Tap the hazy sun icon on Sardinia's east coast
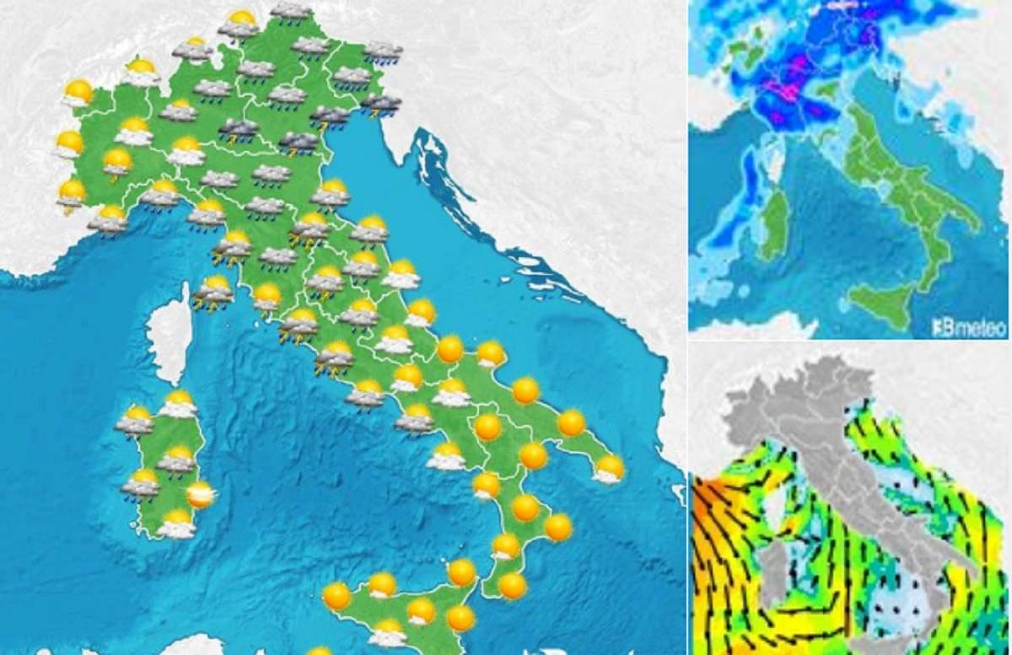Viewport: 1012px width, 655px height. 201,494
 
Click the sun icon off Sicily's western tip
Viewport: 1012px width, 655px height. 336,596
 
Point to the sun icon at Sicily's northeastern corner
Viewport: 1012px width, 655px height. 461,572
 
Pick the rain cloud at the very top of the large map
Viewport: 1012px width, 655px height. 291,11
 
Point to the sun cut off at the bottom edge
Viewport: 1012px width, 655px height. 319,650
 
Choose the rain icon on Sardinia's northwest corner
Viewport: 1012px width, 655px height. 136,420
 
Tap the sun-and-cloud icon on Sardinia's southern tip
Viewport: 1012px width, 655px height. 176,523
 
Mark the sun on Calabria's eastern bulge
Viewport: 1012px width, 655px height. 557,528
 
